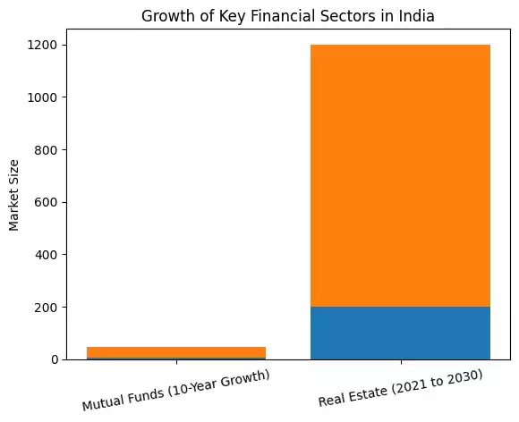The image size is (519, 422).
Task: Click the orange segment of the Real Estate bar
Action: [400, 175]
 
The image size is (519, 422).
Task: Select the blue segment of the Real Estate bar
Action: [400, 333]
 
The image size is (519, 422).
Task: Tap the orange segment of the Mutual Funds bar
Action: [176, 351]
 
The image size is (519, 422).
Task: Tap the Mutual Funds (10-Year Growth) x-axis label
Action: [176, 391]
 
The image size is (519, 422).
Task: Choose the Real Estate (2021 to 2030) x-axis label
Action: [400, 388]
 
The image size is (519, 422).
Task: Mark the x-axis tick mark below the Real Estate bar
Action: [400, 362]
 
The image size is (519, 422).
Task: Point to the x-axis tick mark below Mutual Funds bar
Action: [176, 362]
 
